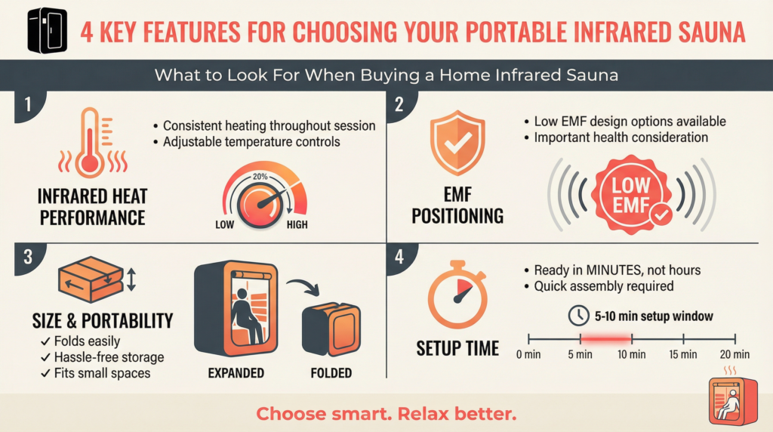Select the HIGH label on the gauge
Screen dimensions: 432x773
coord(297,225)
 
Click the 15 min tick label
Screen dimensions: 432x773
coord(683,354)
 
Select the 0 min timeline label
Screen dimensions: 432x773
coord(529,354)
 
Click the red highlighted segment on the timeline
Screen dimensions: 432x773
coord(606,338)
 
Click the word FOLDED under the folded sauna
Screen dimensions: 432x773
coord(331,372)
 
